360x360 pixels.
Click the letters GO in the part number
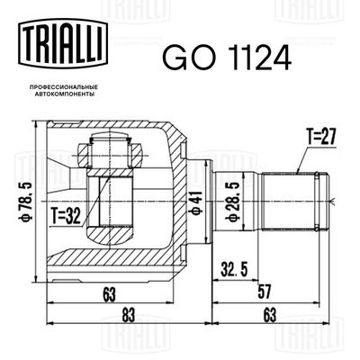coord(179,58)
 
